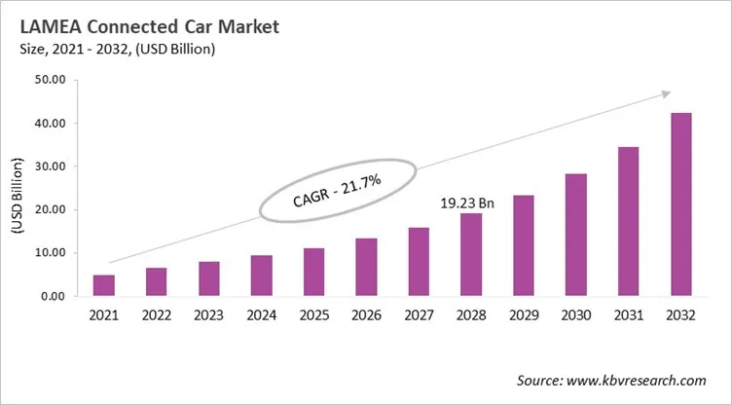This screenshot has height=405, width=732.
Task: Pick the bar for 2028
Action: click(471, 254)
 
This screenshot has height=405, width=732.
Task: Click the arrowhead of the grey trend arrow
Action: click(666, 93)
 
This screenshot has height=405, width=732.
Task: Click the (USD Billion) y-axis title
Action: click(17, 189)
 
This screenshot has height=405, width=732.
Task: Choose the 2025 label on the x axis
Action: click(313, 316)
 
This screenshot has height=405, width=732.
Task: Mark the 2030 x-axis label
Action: click(575, 316)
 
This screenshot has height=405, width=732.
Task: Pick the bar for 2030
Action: click(575, 235)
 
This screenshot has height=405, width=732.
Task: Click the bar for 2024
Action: click(261, 276)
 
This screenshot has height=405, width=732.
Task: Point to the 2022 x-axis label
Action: click(157, 316)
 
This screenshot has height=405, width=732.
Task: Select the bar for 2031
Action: click(628, 221)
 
